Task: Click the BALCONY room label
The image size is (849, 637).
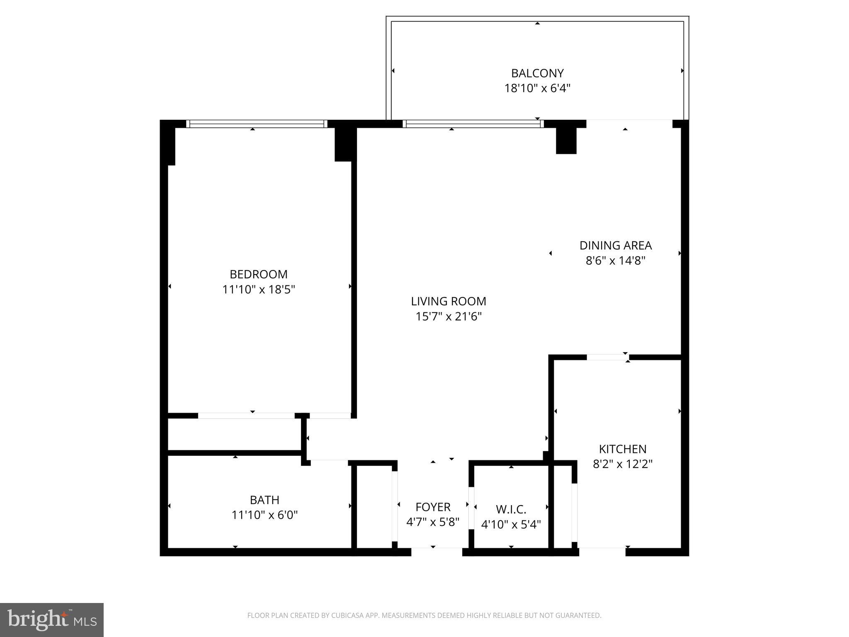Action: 537,73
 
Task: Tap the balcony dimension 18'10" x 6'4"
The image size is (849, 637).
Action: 537,88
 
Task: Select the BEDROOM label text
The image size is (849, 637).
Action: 258,274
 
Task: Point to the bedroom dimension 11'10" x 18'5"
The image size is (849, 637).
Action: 258,289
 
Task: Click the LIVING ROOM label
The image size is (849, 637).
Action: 449,301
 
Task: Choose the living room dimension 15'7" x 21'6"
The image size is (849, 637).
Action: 449,317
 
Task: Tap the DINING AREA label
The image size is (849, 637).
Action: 615,246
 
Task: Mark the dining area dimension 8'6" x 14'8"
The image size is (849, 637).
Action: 615,261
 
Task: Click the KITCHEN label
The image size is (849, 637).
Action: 622,449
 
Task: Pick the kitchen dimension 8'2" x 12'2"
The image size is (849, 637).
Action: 622,464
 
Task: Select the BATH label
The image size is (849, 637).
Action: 264,500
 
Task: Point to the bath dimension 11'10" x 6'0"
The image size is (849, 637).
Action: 264,515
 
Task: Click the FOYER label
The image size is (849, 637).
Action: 433,507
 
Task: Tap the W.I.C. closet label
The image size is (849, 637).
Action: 511,509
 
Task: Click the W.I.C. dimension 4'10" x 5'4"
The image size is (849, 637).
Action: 511,525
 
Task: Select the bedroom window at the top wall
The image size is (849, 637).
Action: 256,124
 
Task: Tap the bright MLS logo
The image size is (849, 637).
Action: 52,620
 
